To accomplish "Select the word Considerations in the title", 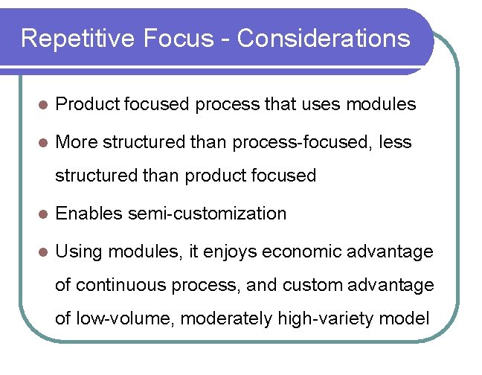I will [324, 38].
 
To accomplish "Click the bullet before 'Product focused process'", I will [42, 106].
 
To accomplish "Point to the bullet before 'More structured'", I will [42, 142].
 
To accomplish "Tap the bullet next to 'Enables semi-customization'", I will [42, 214].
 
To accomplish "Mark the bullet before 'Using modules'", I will [42, 252].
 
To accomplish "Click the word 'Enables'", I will [89, 214].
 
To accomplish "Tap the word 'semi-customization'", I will [207, 214].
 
